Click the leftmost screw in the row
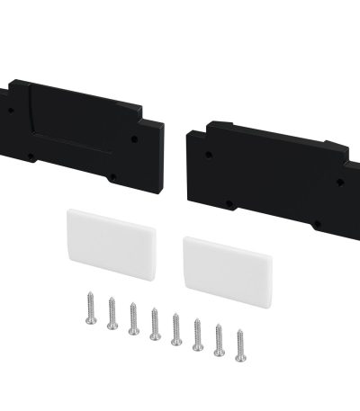[91, 309]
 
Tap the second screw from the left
[112, 314]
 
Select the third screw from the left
[134, 319]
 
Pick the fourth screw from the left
[155, 324]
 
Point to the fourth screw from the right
[175, 329]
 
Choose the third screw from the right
[197, 334]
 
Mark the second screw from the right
[219, 340]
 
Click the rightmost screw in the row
[240, 346]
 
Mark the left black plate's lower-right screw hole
[114, 175]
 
